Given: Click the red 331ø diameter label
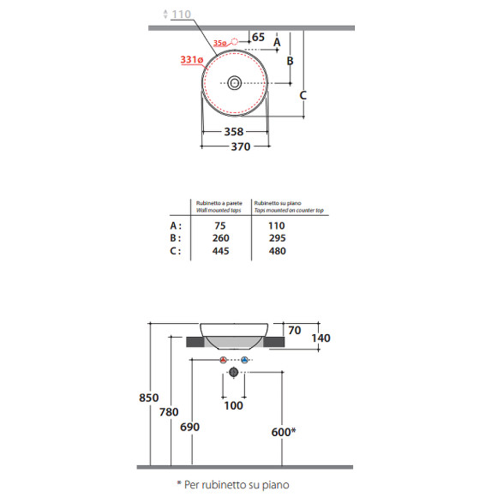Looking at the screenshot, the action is point(192,60).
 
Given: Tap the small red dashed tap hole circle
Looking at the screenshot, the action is point(234,41).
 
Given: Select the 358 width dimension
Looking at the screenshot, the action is point(234,132).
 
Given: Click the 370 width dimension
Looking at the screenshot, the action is point(241,147).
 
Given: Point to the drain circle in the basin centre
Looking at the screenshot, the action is point(234,83).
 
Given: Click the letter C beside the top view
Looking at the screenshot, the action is point(303,95).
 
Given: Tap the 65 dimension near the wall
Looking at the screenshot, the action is point(258,37).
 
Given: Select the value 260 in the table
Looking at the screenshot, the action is point(220,238).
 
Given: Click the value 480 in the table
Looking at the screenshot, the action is point(278,251).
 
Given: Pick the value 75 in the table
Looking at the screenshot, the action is point(220,225).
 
